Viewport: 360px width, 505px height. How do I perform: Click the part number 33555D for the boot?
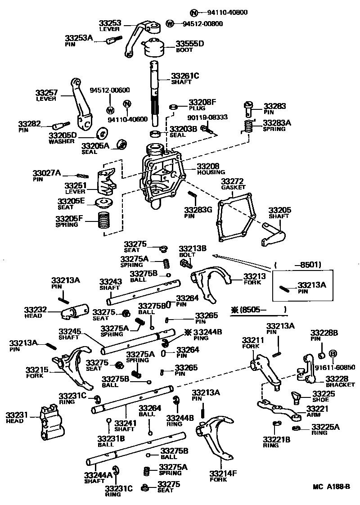[189, 44]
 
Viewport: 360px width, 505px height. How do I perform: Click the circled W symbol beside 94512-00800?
[170, 23]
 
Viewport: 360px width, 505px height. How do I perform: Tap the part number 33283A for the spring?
[277, 122]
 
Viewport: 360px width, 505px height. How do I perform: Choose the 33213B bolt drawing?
[184, 262]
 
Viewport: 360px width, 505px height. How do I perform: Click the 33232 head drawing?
[75, 312]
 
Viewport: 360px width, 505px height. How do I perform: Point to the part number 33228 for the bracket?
[337, 379]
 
